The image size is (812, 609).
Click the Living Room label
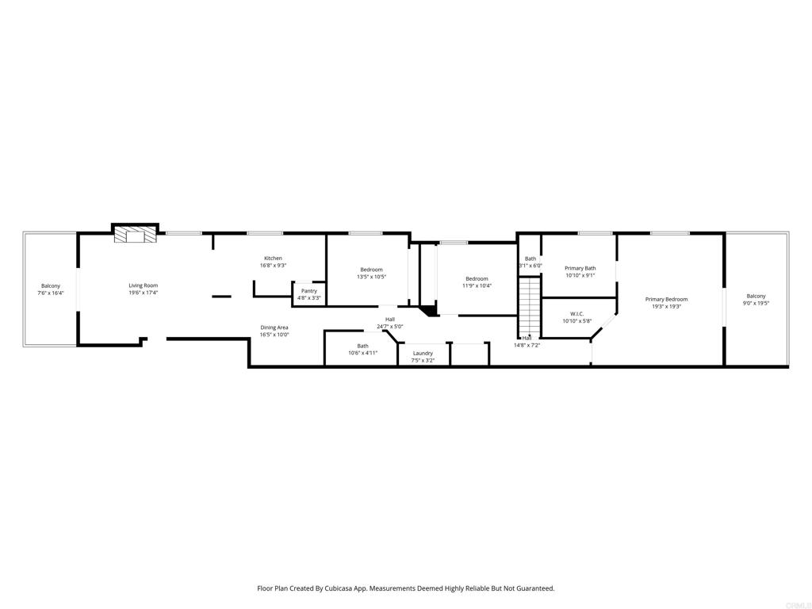click(x=144, y=285)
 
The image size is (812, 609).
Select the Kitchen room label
click(x=273, y=259)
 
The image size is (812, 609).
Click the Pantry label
click(x=309, y=291)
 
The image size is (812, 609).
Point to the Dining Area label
click(x=274, y=327)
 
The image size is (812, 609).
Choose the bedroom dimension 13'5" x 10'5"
click(x=371, y=277)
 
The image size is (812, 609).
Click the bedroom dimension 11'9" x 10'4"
click(x=477, y=285)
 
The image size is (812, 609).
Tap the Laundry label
click(x=423, y=353)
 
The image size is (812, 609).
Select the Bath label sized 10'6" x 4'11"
click(x=362, y=353)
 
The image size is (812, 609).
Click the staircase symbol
click(x=529, y=306)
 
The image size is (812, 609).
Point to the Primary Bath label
click(x=580, y=268)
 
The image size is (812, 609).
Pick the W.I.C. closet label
click(x=576, y=314)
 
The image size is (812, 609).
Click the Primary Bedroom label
click(x=666, y=299)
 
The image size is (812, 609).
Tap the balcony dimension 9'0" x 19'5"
click(x=756, y=303)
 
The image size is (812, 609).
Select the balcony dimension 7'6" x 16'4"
click(x=51, y=293)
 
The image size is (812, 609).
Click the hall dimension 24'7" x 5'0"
click(x=390, y=326)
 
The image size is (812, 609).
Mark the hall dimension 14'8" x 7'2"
click(x=527, y=345)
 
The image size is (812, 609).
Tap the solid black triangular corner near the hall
click(x=428, y=311)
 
